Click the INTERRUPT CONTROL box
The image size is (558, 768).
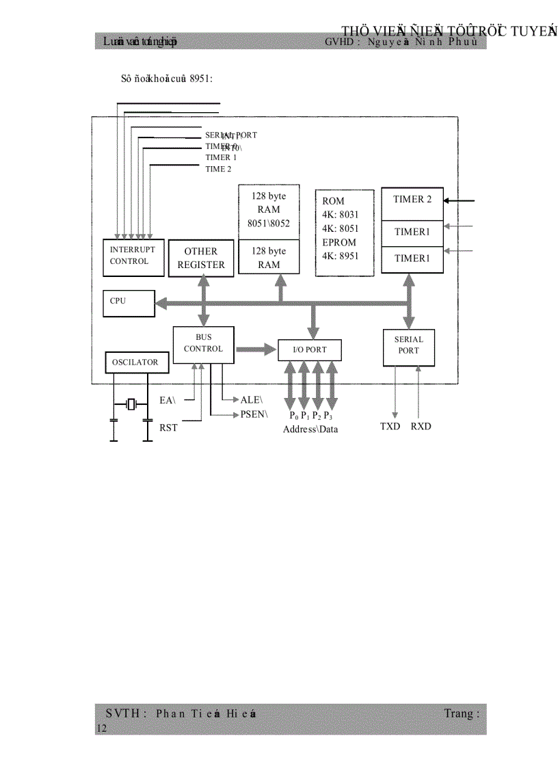pyautogui.click(x=133, y=256)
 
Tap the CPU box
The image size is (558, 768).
pyautogui.click(x=129, y=302)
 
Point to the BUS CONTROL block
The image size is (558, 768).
pyautogui.click(x=203, y=344)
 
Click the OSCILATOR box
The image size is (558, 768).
pyautogui.click(x=136, y=362)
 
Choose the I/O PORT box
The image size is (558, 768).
pyautogui.click(x=310, y=350)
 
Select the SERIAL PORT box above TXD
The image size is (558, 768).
pyautogui.click(x=409, y=346)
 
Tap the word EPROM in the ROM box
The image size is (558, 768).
pyautogui.click(x=339, y=242)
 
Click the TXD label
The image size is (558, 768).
pyautogui.click(x=390, y=427)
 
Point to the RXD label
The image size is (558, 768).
pyautogui.click(x=421, y=427)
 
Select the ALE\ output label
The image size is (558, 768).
pyautogui.click(x=252, y=399)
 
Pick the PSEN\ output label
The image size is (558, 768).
pyautogui.click(x=254, y=414)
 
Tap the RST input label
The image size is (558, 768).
pyautogui.click(x=168, y=428)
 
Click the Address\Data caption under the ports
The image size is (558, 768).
pyautogui.click(x=310, y=429)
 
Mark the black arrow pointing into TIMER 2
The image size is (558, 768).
pyautogui.click(x=459, y=201)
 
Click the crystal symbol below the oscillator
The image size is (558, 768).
pyautogui.click(x=131, y=403)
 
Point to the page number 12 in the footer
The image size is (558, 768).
pyautogui.click(x=101, y=730)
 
